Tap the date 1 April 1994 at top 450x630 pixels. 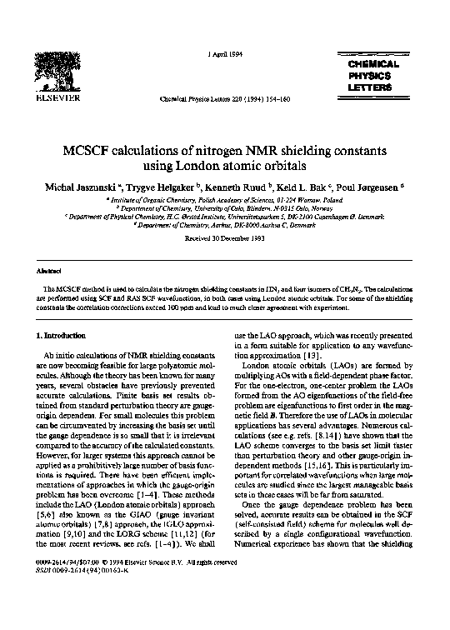coord(219,54)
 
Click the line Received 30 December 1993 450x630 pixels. coord(225,237)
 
